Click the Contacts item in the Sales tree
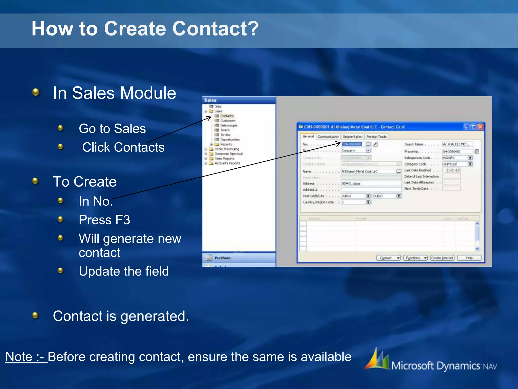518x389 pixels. pyautogui.click(x=226, y=116)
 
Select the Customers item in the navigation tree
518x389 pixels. pyautogui.click(x=228, y=121)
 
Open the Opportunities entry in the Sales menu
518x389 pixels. pyautogui.click(x=230, y=140)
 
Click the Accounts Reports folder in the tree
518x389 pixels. pyautogui.click(x=227, y=163)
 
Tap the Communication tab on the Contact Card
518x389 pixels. pyautogui.click(x=328, y=137)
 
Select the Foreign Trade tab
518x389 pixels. pyautogui.click(x=376, y=137)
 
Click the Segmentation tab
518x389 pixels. pyautogui.click(x=353, y=137)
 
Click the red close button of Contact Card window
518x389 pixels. pyautogui.click(x=480, y=127)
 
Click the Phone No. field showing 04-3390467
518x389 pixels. pyautogui.click(x=457, y=151)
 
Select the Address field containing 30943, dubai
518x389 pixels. pyautogui.click(x=371, y=183)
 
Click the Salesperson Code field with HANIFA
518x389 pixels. pyautogui.click(x=455, y=158)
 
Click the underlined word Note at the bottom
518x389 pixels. pyautogui.click(x=19, y=357)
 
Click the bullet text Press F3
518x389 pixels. pyautogui.click(x=104, y=220)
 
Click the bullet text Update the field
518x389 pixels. pyautogui.click(x=124, y=271)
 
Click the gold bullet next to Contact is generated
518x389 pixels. pyautogui.click(x=35, y=315)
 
